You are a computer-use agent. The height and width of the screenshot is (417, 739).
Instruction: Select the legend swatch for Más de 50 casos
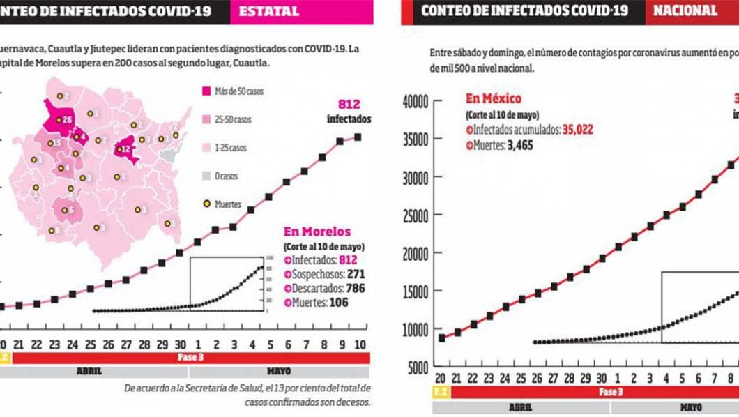(207, 91)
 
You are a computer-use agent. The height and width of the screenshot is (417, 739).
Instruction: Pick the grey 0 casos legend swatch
(207, 176)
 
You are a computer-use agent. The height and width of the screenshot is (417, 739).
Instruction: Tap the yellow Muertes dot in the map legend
(207, 204)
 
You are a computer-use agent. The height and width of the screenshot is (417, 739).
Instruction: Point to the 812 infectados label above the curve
(349, 111)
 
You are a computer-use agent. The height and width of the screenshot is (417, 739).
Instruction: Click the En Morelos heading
(317, 232)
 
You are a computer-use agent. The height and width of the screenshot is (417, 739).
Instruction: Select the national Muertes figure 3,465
(517, 145)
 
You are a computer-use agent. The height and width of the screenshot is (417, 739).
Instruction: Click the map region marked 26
(67, 120)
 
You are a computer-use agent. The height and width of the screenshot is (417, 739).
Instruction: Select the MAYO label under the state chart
(279, 372)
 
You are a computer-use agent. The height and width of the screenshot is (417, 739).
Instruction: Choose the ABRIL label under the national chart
(520, 407)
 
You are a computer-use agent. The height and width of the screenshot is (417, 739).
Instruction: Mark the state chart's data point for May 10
(358, 137)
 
